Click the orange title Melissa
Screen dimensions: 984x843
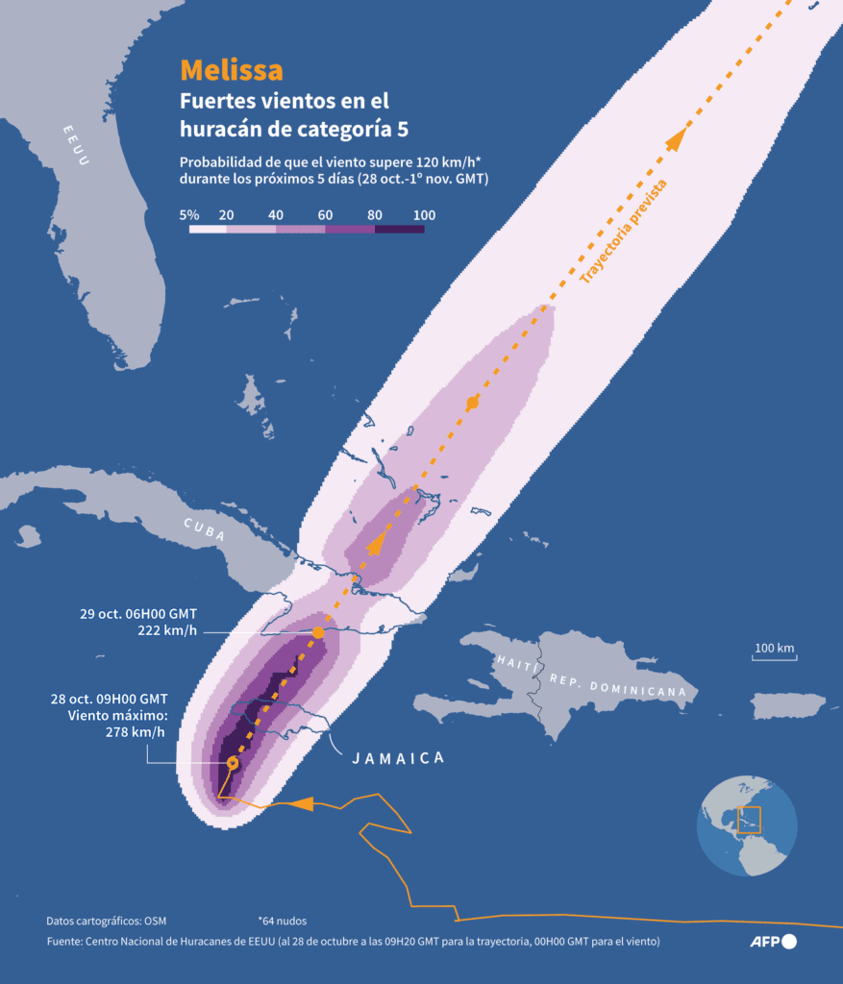[232, 70]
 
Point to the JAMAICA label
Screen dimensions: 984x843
[398, 758]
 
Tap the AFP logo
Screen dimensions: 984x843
[774, 942]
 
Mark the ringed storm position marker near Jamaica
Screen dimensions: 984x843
[232, 763]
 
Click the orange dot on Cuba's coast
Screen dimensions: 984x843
[318, 633]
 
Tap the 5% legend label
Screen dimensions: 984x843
[189, 215]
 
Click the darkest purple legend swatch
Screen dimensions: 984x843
[399, 230]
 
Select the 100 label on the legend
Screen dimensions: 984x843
[424, 215]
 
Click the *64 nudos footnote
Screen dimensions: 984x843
[282, 921]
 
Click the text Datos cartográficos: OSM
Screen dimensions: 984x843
[106, 921]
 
